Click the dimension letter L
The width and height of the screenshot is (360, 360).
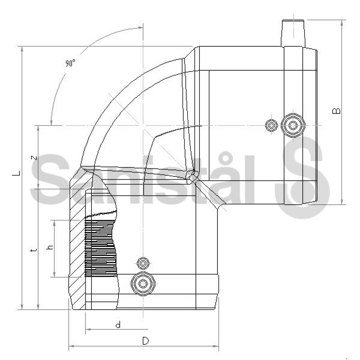pyautogui.click(x=16, y=173)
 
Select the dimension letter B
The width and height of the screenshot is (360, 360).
pyautogui.click(x=336, y=111)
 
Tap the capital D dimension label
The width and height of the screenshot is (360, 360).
pyautogui.click(x=145, y=341)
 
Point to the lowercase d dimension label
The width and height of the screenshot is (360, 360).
pyautogui.click(x=118, y=324)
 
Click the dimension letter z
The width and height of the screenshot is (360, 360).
pyautogui.click(x=34, y=158)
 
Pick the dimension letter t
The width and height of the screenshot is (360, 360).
pyautogui.click(x=33, y=250)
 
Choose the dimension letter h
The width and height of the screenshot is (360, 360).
pyautogui.click(x=50, y=247)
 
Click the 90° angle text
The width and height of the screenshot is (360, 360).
pyautogui.click(x=70, y=63)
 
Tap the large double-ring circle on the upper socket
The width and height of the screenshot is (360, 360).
pyautogui.click(x=293, y=126)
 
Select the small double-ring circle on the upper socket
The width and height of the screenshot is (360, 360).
pyautogui.click(x=271, y=126)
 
